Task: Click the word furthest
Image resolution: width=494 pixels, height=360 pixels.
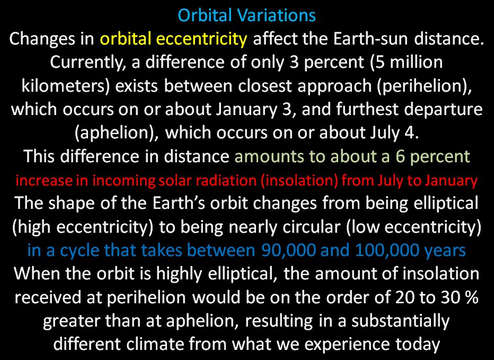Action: point(367,109)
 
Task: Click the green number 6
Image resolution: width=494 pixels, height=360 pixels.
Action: point(400,156)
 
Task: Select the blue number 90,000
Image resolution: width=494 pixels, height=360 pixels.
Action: point(288,250)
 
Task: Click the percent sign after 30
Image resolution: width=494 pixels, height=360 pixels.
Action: point(472,297)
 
